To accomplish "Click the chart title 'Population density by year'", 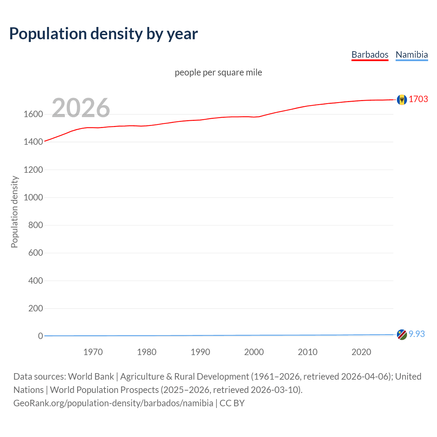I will coord(103,34).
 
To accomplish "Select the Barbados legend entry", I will coord(370,55).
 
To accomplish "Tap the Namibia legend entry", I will coord(411,55).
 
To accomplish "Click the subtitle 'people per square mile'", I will coord(218,72).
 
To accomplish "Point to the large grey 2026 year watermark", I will coord(81,108).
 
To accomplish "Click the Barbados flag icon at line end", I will coord(402,99).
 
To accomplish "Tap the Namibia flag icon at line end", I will coord(402,335).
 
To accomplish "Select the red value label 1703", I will coord(418,99).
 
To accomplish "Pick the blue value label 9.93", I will coord(417,334).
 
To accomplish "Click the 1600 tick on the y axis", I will coord(33,114).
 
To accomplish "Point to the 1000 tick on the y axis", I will coord(33,197).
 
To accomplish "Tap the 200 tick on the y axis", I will coord(36,308).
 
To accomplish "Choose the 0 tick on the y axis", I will coord(41,336).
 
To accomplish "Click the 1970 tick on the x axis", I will coord(93,352).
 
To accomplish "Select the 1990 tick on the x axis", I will coord(200,352).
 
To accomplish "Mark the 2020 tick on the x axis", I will coord(361,352).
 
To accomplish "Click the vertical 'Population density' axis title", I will coord(14,212).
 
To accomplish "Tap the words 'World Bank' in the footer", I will coord(91,377).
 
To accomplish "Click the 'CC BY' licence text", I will coord(232,403).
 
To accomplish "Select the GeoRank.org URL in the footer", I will coord(113,403).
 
